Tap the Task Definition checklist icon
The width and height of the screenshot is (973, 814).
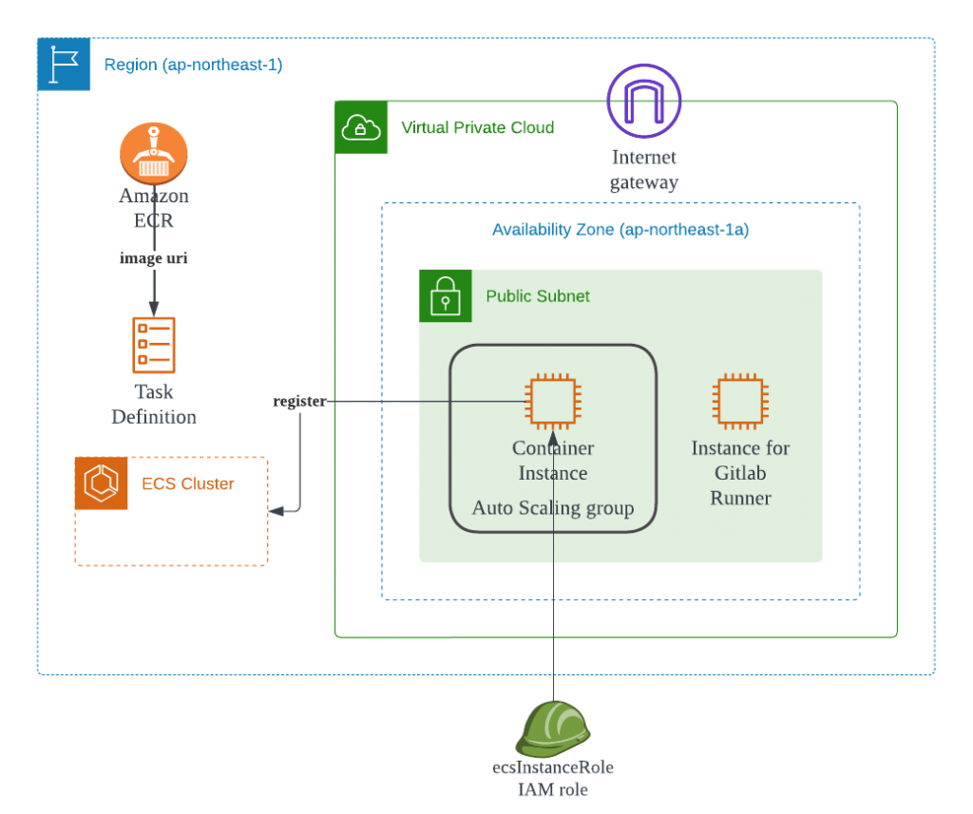153,345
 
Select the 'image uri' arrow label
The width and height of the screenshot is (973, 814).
153,257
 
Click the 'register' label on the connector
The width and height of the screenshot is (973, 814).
299,402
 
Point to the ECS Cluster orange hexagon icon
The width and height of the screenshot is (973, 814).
101,483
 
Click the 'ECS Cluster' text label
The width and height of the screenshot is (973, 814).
188,483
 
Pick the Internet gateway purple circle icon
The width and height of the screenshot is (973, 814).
644,101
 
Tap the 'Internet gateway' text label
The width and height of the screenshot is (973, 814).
644,169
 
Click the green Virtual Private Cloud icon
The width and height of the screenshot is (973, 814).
361,127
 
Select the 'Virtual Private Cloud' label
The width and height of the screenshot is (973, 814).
478,127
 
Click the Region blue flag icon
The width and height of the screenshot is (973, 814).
63,65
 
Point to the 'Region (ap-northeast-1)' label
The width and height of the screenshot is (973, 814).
193,65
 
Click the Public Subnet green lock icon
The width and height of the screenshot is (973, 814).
445,295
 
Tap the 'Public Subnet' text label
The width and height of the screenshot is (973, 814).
538,296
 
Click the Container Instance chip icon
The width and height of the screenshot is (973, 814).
553,401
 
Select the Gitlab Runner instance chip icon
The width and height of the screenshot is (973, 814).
740,401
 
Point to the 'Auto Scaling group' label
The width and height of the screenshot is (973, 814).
553,508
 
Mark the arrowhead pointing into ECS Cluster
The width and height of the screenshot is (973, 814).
275,512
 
